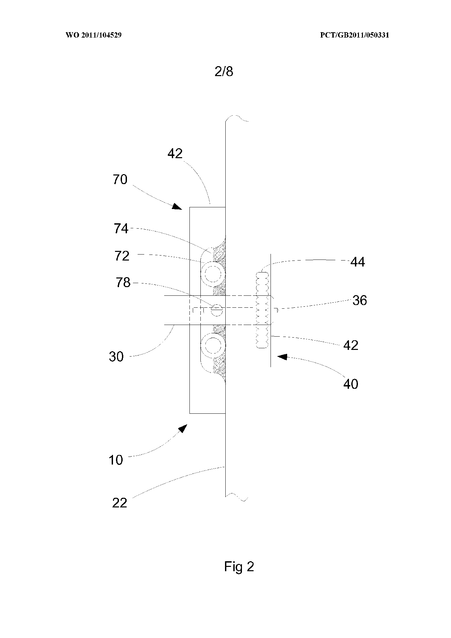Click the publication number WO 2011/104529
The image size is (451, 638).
tap(93, 35)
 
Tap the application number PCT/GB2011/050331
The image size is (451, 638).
tap(354, 35)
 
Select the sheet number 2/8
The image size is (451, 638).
tap(224, 72)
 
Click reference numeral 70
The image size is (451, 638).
tap(120, 179)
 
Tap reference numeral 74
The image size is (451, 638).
tap(121, 229)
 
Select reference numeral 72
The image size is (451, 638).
tap(122, 256)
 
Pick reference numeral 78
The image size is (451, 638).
tap(123, 282)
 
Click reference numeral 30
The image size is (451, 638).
tap(116, 357)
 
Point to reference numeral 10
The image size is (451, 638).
tap(116, 460)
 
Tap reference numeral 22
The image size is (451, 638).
tap(120, 503)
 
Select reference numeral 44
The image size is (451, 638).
tap(358, 262)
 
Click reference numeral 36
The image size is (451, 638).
tap(359, 300)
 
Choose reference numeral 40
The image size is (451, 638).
tap(351, 384)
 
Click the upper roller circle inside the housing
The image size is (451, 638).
tap(213, 274)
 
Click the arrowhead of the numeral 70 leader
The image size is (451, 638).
tap(177, 207)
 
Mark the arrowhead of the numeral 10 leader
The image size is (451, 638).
tap(182, 429)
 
